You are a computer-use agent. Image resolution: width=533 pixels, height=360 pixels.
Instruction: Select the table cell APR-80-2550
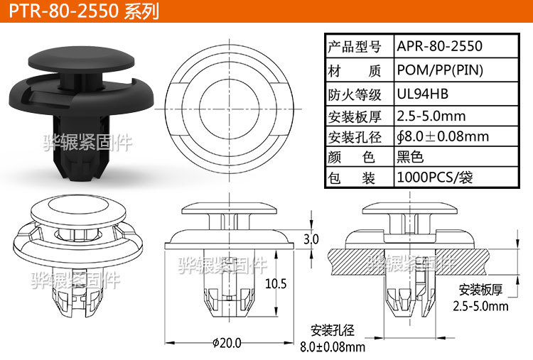tap(440, 47)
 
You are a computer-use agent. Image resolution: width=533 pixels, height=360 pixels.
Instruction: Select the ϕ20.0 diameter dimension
tap(227, 343)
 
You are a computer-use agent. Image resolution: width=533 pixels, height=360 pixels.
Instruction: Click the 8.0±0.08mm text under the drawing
tap(333, 347)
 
